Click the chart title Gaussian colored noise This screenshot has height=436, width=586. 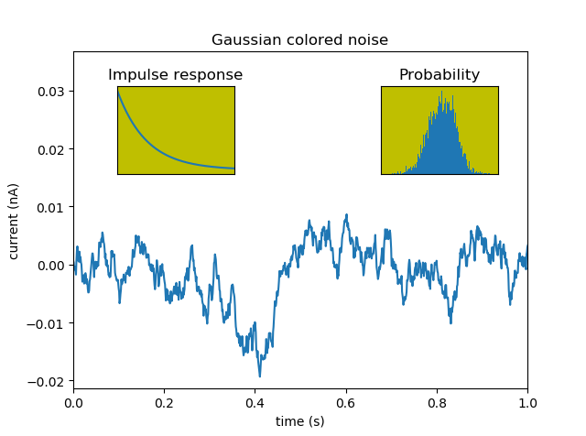[x=299, y=40]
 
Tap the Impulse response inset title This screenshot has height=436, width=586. [x=175, y=75]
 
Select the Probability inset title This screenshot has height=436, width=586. [x=439, y=75]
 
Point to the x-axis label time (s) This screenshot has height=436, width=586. [x=299, y=421]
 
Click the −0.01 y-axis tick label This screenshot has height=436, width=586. [x=49, y=323]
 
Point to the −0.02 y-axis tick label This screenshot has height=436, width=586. [x=49, y=381]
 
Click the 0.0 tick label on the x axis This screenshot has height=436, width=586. [x=73, y=401]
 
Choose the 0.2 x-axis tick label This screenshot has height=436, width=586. [x=164, y=401]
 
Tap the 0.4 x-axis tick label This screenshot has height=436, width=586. [x=255, y=401]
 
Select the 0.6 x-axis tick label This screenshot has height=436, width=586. [x=345, y=401]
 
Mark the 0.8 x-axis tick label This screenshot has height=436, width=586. [x=436, y=401]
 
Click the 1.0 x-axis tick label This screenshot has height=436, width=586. [x=526, y=401]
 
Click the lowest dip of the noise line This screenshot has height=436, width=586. [x=259, y=376]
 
